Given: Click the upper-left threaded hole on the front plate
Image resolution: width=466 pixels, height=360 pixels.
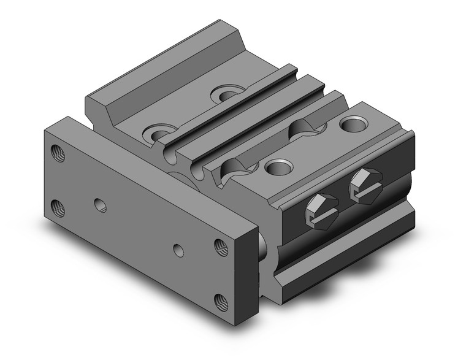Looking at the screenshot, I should click(x=57, y=153).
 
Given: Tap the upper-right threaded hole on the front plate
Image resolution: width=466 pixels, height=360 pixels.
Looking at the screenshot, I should click(x=219, y=246).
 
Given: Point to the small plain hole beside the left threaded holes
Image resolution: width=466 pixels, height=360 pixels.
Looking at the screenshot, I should click(x=97, y=202).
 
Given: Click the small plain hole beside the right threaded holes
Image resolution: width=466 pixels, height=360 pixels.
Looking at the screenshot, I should click(x=178, y=250).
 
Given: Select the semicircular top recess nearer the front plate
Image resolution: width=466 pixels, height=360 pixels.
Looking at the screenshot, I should click(x=235, y=167).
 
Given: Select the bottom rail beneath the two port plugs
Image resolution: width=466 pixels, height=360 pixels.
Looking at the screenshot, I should click(x=343, y=251).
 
